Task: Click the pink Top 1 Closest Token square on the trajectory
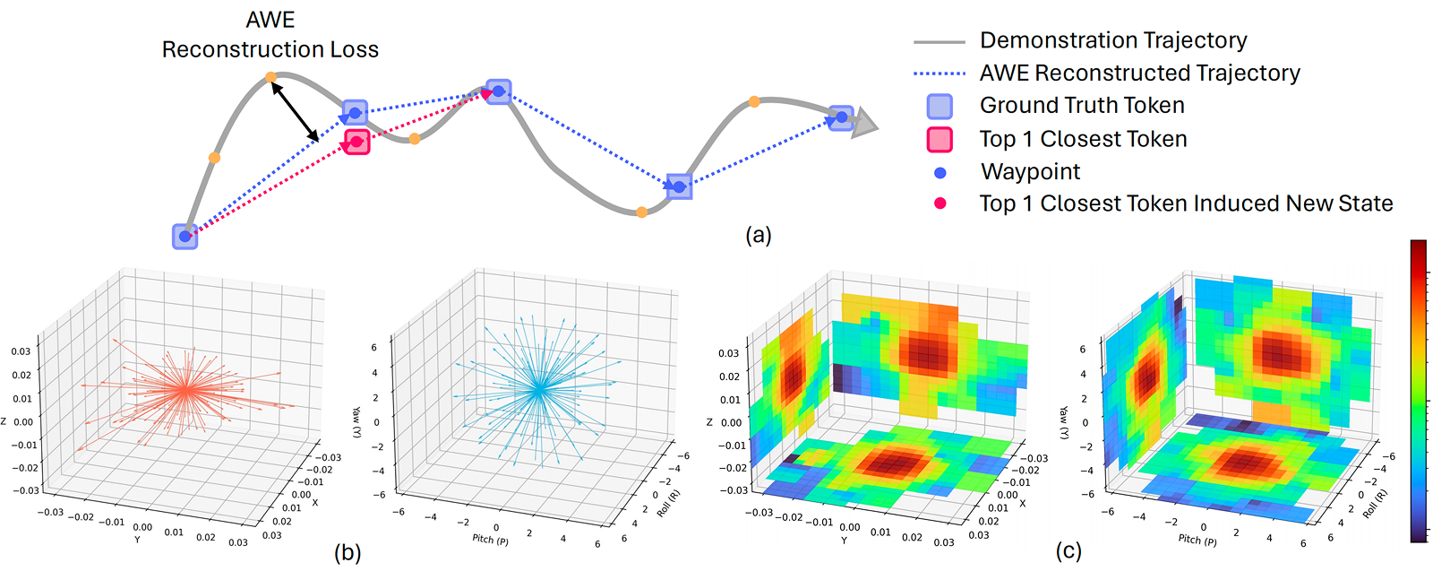pos(357,142)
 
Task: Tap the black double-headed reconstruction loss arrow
pos(295,111)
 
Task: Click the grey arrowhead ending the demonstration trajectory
pos(864,123)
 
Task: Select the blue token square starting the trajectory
pos(184,236)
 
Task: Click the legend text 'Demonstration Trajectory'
pos(1112,40)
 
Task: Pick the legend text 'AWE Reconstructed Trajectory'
pos(1139,73)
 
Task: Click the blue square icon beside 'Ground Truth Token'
pos(940,106)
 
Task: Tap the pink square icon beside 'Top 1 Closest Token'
pos(940,139)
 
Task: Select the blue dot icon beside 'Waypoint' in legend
pos(940,172)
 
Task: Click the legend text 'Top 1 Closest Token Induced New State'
pos(1186,203)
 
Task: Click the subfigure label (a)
pos(758,235)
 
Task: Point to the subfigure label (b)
pos(348,552)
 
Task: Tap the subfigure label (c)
pos(1068,550)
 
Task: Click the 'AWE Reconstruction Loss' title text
pos(270,35)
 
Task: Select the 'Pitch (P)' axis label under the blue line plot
pos(490,539)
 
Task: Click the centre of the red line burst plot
pos(184,389)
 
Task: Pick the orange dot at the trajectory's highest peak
pos(270,78)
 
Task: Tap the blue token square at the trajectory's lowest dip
pos(679,186)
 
